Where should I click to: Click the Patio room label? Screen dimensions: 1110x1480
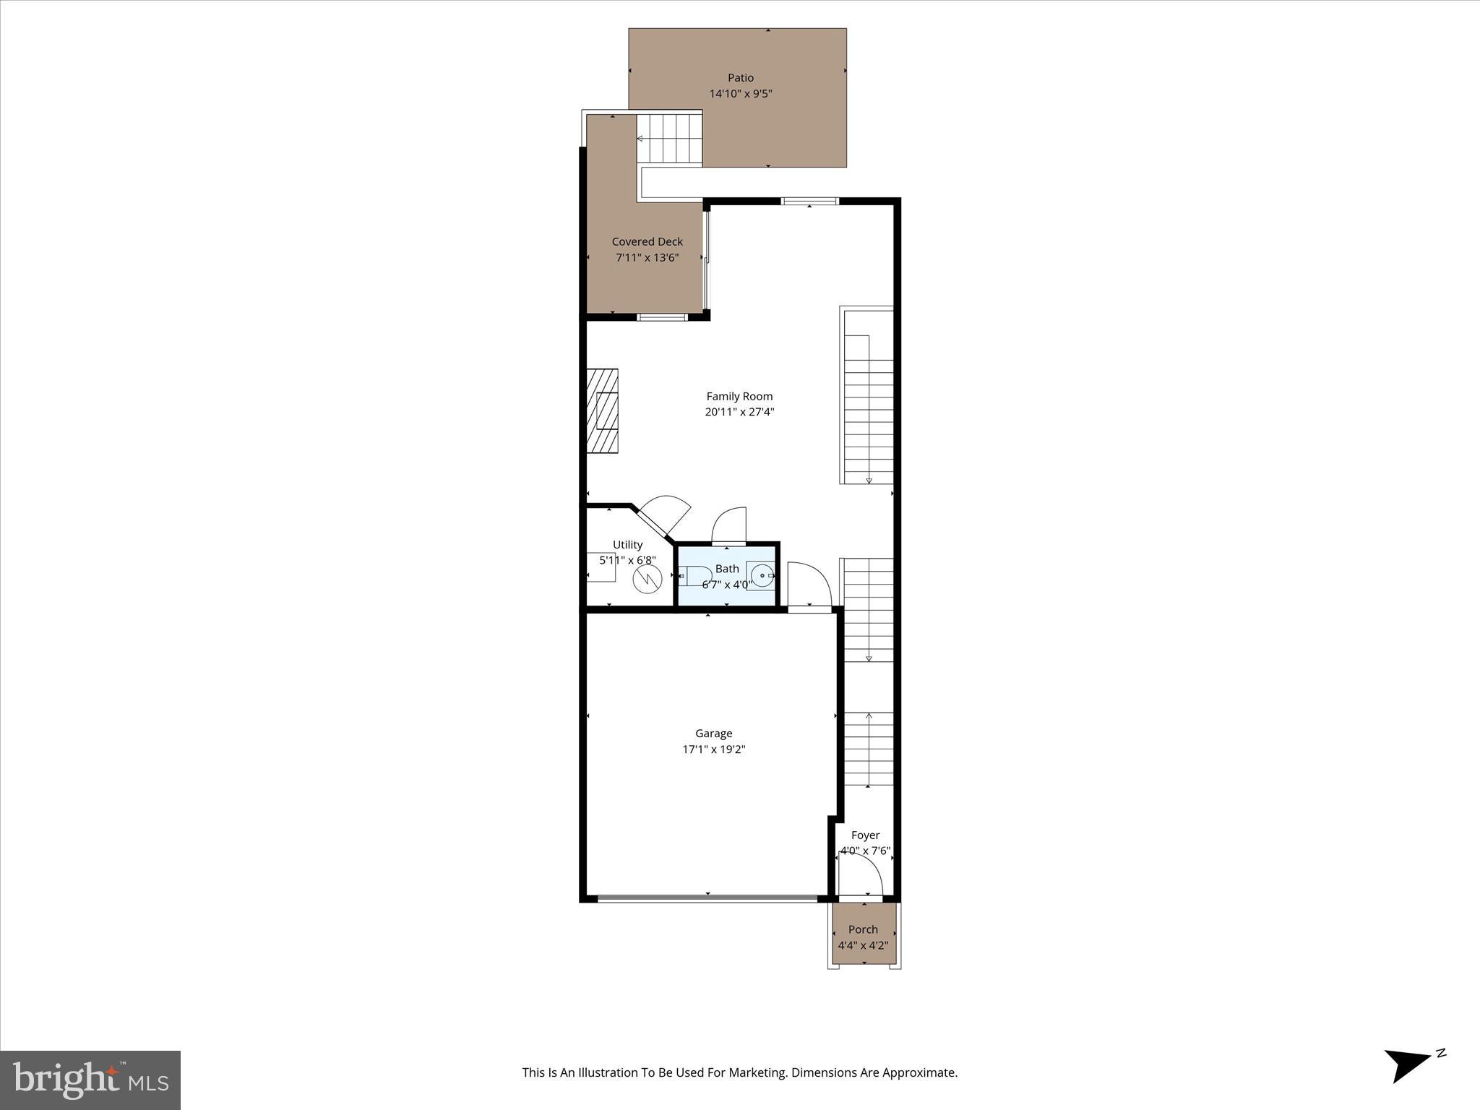click(x=740, y=78)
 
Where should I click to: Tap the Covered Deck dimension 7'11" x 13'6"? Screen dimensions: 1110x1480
click(x=647, y=258)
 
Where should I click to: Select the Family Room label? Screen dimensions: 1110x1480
click(x=739, y=396)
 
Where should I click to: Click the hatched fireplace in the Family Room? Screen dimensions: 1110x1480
click(x=602, y=410)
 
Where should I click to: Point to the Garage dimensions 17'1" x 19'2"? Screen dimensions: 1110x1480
click(x=713, y=749)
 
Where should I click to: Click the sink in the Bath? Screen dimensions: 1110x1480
click(x=762, y=576)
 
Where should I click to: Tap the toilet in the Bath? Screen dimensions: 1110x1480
click(x=694, y=576)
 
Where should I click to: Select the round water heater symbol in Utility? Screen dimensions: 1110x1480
click(x=647, y=580)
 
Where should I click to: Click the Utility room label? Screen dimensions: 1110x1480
click(x=627, y=545)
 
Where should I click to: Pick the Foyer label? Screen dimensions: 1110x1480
click(x=865, y=835)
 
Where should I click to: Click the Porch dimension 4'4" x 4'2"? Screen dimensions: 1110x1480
click(x=863, y=945)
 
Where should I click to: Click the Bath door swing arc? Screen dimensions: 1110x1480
click(x=728, y=525)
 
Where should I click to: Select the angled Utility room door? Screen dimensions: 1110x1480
click(x=661, y=515)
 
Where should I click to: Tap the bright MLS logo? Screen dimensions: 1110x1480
click(x=90, y=1080)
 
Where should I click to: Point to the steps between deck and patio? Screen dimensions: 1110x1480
click(x=670, y=139)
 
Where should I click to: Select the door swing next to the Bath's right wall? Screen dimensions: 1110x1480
click(x=808, y=585)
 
